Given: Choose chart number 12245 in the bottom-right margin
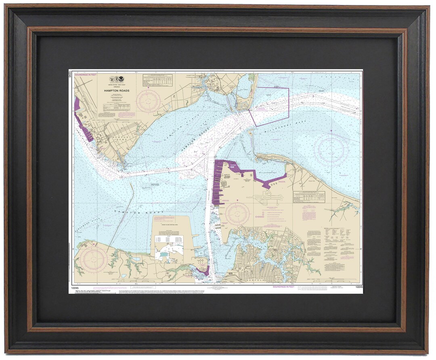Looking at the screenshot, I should (359, 287).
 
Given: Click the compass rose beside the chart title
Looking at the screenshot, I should (148, 101).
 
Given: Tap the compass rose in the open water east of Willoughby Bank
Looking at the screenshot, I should (331, 150).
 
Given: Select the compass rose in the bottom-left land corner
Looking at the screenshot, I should (93, 260).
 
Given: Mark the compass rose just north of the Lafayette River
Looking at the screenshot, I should (237, 214).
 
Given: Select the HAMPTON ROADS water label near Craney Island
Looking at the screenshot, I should (139, 212).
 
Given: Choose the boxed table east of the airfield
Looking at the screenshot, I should (309, 197).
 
